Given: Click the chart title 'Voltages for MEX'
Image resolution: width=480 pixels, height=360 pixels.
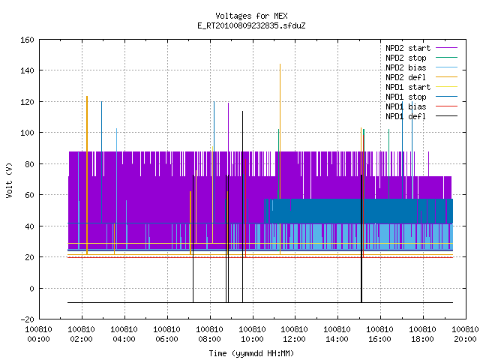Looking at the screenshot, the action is pos(251,16).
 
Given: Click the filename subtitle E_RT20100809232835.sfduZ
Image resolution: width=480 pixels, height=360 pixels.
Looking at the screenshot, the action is pos(251,25).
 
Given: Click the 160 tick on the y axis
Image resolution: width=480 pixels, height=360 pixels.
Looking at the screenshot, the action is pos(27,40).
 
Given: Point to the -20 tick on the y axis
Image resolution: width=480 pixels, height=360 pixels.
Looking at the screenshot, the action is pos(27,319).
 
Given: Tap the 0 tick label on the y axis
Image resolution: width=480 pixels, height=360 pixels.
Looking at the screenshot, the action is pos(31,288).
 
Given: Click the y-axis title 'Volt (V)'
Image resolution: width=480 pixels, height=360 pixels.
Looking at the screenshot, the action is pos(9,180).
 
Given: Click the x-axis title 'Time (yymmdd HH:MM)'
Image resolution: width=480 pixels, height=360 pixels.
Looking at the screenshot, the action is pos(251,353).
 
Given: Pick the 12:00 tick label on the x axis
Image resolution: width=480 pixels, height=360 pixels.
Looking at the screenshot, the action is pos(295,334).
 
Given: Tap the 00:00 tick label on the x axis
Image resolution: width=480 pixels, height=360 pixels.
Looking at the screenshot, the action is pos(38,334).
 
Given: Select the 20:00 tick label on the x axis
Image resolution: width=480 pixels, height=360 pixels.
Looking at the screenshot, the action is pos(465,334).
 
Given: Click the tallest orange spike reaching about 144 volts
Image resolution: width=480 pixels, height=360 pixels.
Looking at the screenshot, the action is pos(280,159).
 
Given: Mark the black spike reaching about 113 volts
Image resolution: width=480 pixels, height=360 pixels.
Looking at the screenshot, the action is pos(242,207).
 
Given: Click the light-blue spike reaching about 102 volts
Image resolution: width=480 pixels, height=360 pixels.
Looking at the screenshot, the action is pos(117,189).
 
